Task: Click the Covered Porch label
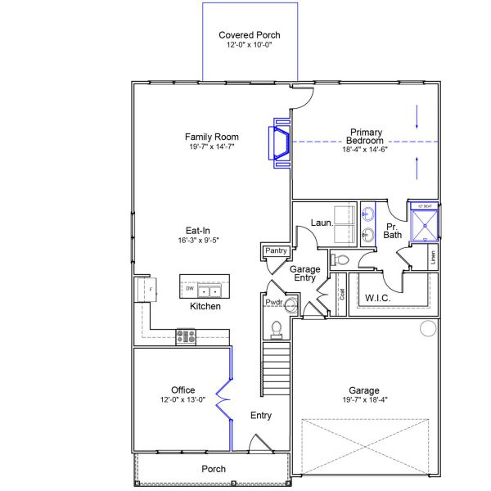pyautogui.click(x=250, y=35)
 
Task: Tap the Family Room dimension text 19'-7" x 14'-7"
pyautogui.click(x=211, y=147)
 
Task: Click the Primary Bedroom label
pyautogui.click(x=367, y=137)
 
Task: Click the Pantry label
pyautogui.click(x=274, y=250)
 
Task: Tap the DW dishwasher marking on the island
pyautogui.click(x=189, y=289)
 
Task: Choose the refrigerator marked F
pyautogui.click(x=149, y=290)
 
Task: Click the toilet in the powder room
pyautogui.click(x=277, y=329)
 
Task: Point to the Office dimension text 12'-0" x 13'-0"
pyautogui.click(x=182, y=400)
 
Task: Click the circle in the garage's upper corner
pyautogui.click(x=427, y=329)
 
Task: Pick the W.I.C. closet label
pyautogui.click(x=377, y=298)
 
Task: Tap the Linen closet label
pyautogui.click(x=432, y=257)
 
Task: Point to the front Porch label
pyautogui.click(x=214, y=469)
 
